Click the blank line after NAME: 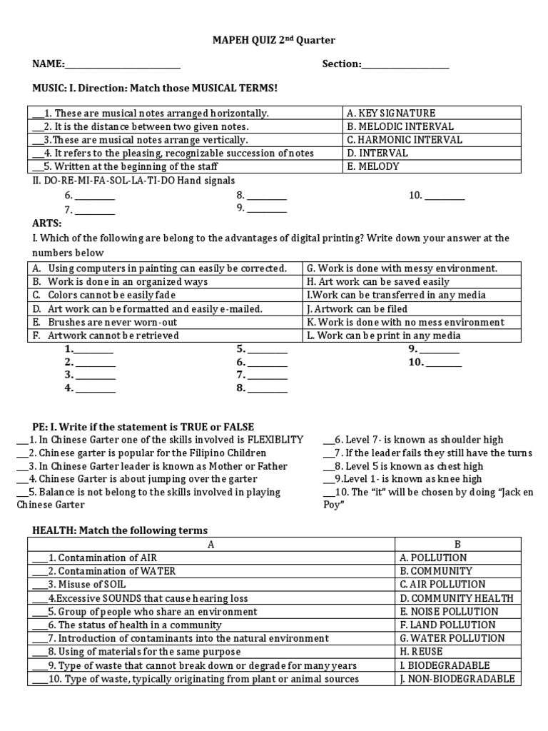(x=122, y=65)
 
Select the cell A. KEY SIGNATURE (x=390, y=113)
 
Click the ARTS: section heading (x=46, y=223)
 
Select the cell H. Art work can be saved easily (x=378, y=282)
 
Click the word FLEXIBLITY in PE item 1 (x=275, y=440)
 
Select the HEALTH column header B (x=459, y=544)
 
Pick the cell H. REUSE (x=421, y=652)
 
